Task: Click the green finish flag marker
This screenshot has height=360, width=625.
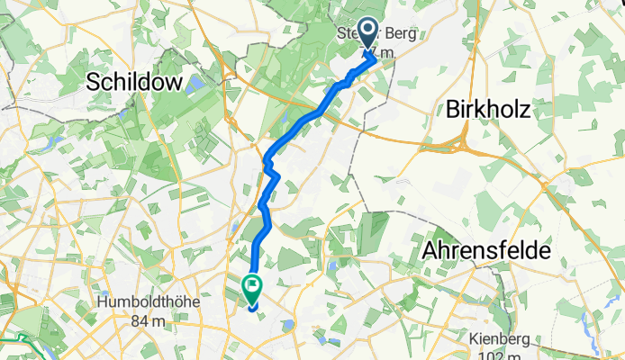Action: [x=251, y=289]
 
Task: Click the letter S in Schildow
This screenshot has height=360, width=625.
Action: [x=92, y=83]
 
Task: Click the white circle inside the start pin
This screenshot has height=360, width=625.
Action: [x=369, y=31]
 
